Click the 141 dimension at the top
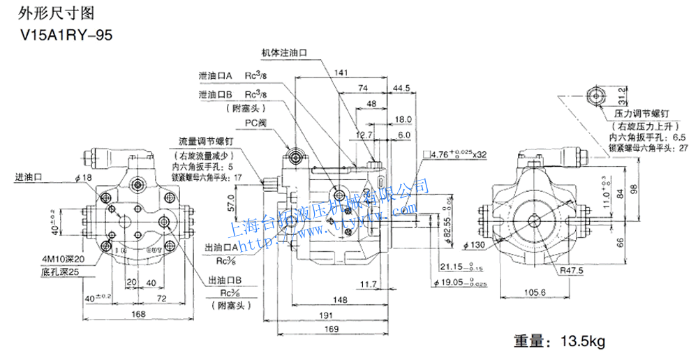click(x=341, y=73)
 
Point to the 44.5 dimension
click(x=401, y=89)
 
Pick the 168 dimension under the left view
click(x=138, y=315)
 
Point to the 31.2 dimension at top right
click(x=622, y=94)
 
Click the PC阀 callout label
click(x=255, y=123)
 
